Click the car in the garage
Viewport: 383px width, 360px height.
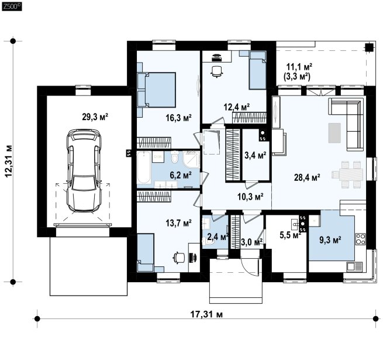84,171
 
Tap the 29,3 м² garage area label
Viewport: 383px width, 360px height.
95,117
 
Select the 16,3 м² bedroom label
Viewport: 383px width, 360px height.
178,118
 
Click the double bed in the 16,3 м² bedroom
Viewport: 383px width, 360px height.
157,90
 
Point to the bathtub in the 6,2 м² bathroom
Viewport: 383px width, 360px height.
144,167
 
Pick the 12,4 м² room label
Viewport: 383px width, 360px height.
237,107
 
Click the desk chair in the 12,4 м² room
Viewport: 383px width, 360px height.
217,71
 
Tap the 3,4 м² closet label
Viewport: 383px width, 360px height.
256,155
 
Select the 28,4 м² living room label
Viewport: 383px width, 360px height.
307,177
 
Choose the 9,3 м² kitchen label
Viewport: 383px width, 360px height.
330,240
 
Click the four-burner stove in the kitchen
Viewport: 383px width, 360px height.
361,239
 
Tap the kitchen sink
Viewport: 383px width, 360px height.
354,266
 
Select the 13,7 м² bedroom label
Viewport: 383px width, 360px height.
178,222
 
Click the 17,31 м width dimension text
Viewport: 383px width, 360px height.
206,314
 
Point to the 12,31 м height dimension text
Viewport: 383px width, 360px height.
9,162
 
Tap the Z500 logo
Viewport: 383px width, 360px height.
12,6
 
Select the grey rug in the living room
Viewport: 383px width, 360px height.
334,133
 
